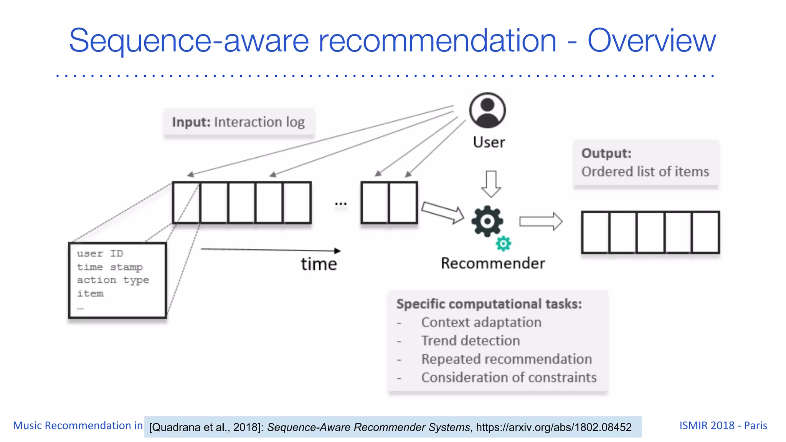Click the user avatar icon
click(487, 110)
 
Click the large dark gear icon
click(487, 221)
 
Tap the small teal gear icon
click(503, 244)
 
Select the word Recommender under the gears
click(493, 264)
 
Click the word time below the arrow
click(319, 264)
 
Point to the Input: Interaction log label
click(238, 122)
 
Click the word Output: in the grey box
click(606, 153)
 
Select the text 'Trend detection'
click(470, 341)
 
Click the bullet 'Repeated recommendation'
click(506, 359)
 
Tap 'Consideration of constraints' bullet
click(509, 378)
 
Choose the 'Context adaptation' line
click(481, 322)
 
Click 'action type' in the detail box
click(113, 280)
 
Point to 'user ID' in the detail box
click(100, 254)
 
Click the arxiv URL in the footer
click(553, 427)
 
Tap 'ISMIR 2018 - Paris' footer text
click(723, 426)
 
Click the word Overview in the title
click(651, 41)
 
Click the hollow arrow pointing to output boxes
click(541, 221)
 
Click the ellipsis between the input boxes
click(340, 204)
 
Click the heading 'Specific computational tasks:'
click(489, 304)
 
